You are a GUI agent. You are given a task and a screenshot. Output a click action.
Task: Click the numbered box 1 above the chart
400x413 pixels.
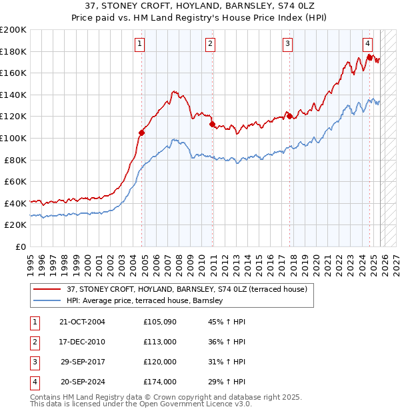tap(140, 44)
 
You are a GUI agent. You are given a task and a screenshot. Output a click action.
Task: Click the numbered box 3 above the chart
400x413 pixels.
tap(287, 44)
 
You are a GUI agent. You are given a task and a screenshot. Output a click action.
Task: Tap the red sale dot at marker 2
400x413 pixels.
tap(212, 124)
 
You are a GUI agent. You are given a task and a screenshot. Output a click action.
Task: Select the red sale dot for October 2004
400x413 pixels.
tap(142, 133)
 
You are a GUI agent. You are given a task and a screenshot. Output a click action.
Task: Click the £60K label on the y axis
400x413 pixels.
tap(15, 181)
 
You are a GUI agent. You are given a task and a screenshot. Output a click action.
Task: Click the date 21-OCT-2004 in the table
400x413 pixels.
tap(82, 322)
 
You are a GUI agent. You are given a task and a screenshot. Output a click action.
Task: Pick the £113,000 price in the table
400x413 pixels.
tap(160, 342)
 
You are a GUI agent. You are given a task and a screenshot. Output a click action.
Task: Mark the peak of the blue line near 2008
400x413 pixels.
tap(174, 139)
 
